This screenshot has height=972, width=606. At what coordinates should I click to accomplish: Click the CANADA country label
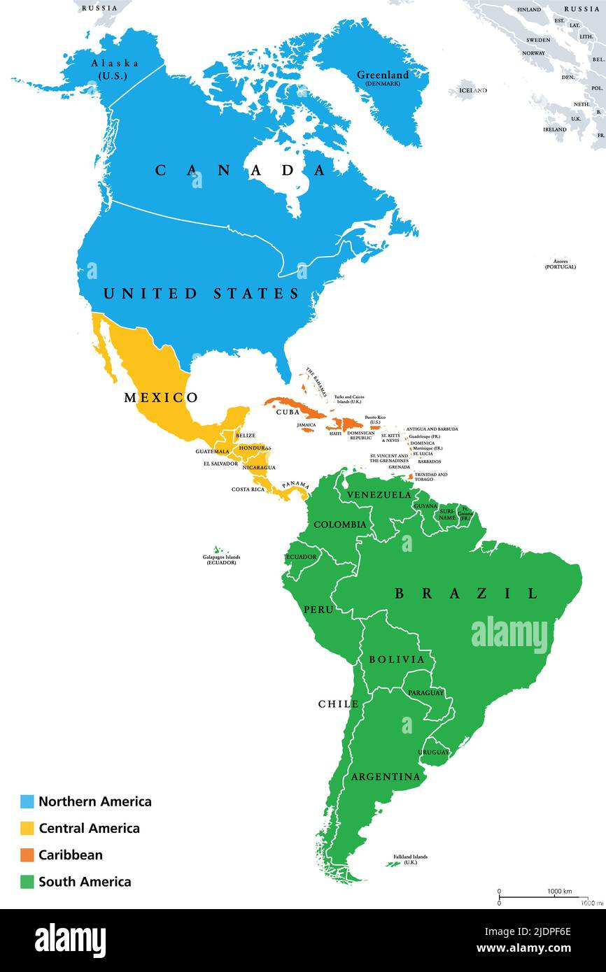241,170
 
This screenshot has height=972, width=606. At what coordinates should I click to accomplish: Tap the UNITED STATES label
202,294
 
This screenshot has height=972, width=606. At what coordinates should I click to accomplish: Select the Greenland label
382,76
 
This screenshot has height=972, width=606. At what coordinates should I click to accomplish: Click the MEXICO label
161,398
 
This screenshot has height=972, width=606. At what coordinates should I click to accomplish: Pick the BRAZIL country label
466,594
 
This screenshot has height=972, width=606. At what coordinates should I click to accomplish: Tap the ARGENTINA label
386,777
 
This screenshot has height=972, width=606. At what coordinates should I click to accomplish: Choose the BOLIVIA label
397,659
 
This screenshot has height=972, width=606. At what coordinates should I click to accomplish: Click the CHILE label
339,704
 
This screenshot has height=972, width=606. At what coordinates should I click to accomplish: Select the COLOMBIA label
339,524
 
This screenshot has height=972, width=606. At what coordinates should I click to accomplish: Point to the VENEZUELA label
379,495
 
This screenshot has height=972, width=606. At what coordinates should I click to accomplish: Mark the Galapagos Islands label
221,559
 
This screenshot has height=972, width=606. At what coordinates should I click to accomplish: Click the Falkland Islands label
409,859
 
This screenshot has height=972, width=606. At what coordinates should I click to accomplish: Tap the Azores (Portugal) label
561,264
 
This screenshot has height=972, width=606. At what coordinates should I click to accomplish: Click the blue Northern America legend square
27,801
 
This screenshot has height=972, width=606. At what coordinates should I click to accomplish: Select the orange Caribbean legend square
27,855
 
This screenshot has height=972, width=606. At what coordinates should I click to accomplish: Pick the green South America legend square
27,881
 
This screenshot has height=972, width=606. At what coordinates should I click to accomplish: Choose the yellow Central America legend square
27,828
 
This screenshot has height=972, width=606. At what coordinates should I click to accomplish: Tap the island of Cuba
287,405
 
